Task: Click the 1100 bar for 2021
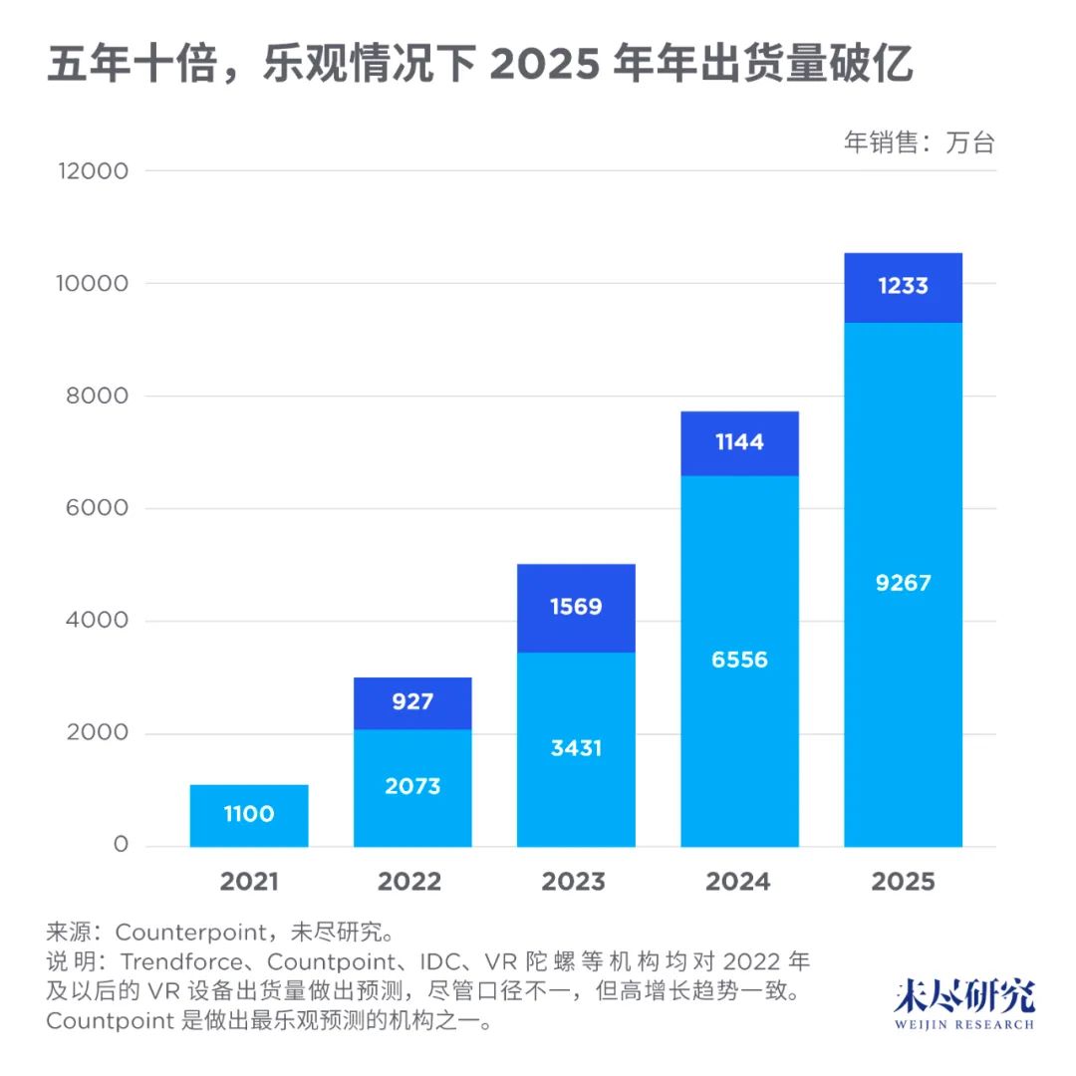(x=249, y=815)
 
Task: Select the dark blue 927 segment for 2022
(x=412, y=702)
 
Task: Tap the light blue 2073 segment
(x=412, y=787)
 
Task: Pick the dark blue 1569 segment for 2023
(x=576, y=607)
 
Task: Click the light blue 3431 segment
(x=576, y=748)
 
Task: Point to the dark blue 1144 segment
(x=739, y=442)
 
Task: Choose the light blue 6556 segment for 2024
(x=739, y=660)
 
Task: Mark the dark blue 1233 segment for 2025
(x=903, y=287)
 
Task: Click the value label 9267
(x=903, y=583)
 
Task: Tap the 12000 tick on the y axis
(x=94, y=171)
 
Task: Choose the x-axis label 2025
(x=903, y=882)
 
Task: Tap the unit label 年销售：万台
(x=920, y=142)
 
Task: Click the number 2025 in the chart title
(x=546, y=67)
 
